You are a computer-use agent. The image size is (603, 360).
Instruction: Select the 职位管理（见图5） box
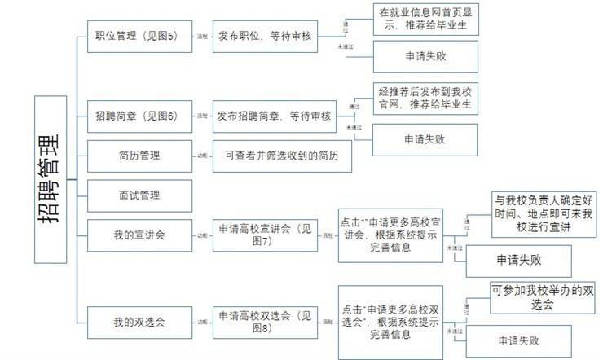(137, 37)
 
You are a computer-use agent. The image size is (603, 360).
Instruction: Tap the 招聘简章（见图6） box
(137, 117)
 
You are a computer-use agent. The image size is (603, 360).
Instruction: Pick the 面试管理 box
(137, 195)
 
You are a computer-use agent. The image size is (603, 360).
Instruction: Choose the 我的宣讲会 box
(137, 235)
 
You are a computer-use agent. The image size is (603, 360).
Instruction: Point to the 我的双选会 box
(137, 321)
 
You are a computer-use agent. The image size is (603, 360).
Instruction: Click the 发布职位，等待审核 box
(264, 37)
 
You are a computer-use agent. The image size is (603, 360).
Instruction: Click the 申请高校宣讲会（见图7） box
(264, 235)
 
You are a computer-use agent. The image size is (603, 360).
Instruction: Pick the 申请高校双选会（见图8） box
(264, 321)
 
